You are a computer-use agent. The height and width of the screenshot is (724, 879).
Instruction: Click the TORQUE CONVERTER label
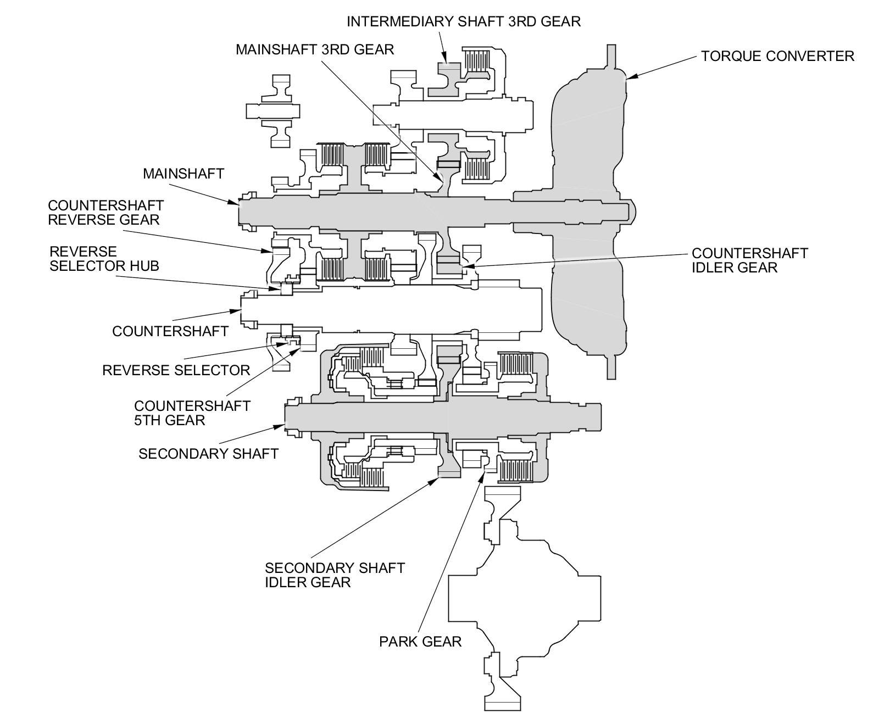(777, 56)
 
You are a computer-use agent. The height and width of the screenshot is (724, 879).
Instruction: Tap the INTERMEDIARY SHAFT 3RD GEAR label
(463, 21)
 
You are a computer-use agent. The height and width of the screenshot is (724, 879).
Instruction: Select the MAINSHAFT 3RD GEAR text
(315, 49)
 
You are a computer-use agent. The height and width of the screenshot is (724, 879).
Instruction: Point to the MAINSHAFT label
(183, 174)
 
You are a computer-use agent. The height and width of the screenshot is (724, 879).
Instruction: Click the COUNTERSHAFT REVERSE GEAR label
(105, 213)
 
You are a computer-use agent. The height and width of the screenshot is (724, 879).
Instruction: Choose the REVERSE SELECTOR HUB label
(104, 259)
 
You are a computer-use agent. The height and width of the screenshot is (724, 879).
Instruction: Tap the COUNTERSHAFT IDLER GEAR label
(749, 260)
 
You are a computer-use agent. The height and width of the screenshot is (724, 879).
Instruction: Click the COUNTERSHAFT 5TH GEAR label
(192, 413)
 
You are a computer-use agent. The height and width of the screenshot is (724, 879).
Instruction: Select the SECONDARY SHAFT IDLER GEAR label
(335, 575)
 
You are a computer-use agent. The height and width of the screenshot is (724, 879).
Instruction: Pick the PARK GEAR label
(420, 641)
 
